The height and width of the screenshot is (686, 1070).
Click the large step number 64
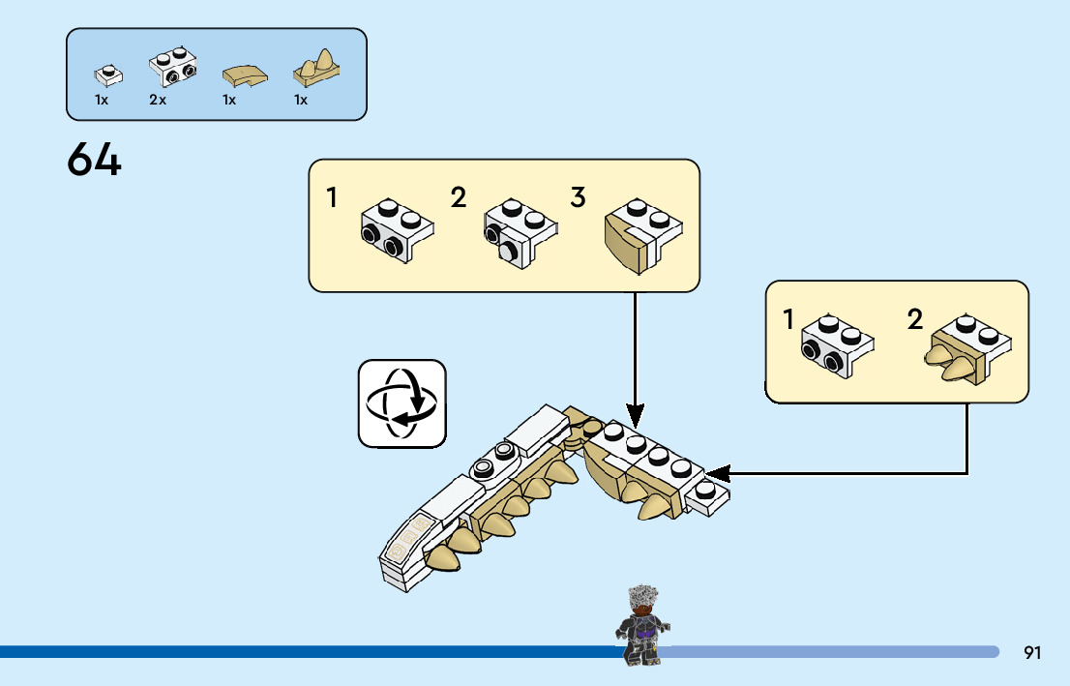click(95, 160)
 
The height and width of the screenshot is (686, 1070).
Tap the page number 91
click(1032, 653)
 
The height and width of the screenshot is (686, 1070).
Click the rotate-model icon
click(402, 403)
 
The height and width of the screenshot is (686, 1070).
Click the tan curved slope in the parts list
click(242, 75)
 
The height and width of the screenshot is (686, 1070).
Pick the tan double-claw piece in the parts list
click(318, 67)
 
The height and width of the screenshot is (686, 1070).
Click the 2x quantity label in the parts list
click(158, 101)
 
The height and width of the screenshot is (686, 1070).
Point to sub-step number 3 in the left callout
click(578, 198)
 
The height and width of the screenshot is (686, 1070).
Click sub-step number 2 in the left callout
click(459, 198)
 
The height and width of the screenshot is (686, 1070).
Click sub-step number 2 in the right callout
click(915, 319)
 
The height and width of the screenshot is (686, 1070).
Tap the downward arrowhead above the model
click(635, 411)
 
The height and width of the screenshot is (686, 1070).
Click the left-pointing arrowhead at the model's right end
click(718, 473)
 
